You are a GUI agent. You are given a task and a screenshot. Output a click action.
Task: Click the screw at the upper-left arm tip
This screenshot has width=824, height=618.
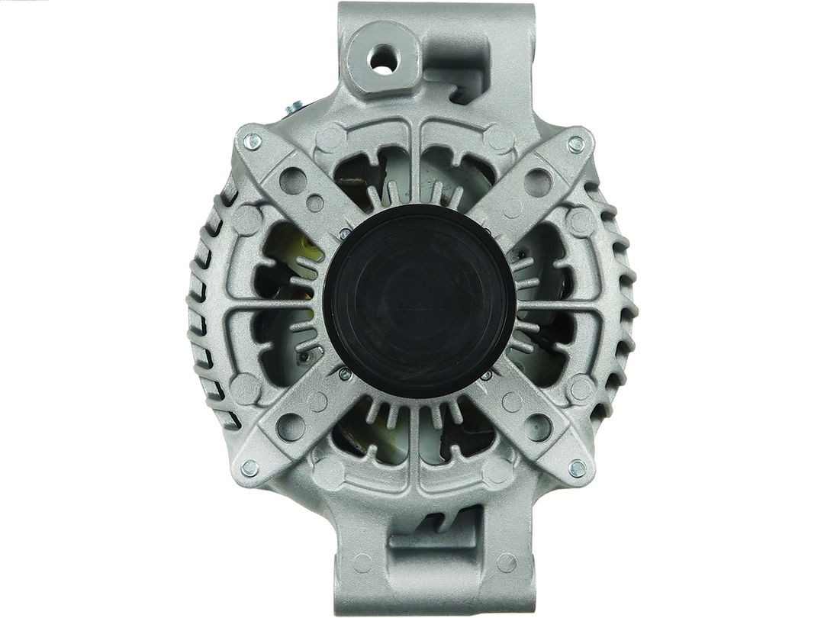point(253,142)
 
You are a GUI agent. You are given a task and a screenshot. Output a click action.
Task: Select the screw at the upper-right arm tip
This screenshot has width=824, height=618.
point(576,143)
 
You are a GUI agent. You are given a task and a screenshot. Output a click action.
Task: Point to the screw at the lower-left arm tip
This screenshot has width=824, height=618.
point(249,468)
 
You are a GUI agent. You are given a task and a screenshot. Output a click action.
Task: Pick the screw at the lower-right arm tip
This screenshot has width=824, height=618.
point(578,467)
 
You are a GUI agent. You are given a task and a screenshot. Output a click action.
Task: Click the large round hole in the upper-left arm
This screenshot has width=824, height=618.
point(293,181)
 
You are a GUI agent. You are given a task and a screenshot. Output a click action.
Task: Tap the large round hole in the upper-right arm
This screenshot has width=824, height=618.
point(538,182)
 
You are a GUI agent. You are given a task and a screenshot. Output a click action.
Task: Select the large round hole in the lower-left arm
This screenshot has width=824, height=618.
point(291,426)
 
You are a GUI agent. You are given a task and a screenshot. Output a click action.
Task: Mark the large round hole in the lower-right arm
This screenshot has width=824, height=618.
point(538,426)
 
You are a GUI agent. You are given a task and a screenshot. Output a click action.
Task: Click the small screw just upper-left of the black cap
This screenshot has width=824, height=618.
point(345,233)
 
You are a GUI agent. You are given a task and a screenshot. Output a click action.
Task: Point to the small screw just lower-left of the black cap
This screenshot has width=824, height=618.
point(345,373)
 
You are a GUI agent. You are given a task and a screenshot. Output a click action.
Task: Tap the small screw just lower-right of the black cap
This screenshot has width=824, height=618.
point(485,375)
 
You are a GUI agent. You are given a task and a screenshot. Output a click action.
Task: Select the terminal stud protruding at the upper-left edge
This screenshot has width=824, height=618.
point(295,108)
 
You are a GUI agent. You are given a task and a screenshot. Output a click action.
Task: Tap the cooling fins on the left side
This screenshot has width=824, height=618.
point(200,305)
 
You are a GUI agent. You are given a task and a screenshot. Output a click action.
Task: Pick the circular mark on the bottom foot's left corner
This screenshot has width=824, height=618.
point(362,564)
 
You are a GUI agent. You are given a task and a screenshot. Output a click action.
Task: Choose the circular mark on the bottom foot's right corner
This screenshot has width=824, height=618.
point(507,564)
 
